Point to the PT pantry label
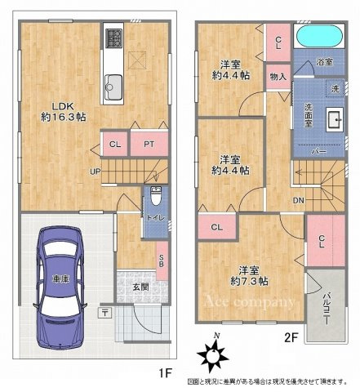tap(149, 145)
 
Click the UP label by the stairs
tap(96, 171)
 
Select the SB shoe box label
tap(162, 255)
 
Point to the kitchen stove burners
tap(113, 38)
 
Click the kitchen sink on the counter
tap(113, 82)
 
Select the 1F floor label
tap(166, 373)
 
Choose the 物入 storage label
tap(278, 77)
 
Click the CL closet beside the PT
tap(115, 145)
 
